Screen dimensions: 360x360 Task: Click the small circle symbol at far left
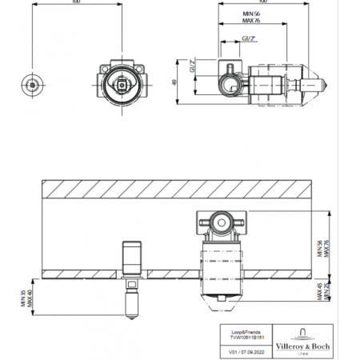32,83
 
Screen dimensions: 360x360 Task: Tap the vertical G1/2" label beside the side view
192,67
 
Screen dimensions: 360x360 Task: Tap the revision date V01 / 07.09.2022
242,350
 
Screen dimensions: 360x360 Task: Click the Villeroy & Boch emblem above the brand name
304,330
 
